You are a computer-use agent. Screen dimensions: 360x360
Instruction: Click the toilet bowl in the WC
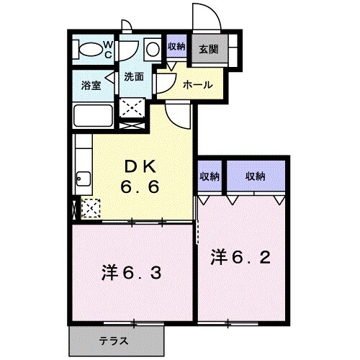[x=91, y=50]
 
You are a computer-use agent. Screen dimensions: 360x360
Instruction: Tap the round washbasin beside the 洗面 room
[x=153, y=51]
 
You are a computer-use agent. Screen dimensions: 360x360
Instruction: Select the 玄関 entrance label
[x=209, y=50]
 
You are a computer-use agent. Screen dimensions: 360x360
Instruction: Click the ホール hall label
[x=197, y=84]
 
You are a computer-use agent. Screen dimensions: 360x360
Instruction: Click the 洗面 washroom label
[x=133, y=76]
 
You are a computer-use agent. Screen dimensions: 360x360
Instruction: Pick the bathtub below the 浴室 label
[x=93, y=117]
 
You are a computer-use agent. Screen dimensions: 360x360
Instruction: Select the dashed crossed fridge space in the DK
[x=91, y=209]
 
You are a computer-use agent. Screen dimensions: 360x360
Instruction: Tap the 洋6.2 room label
[x=240, y=256]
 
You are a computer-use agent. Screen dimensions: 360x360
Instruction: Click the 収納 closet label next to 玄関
[x=176, y=47]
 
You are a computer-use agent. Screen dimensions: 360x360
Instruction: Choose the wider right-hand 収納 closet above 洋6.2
[x=255, y=176]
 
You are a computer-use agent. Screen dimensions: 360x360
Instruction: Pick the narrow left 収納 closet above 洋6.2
[x=210, y=176]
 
